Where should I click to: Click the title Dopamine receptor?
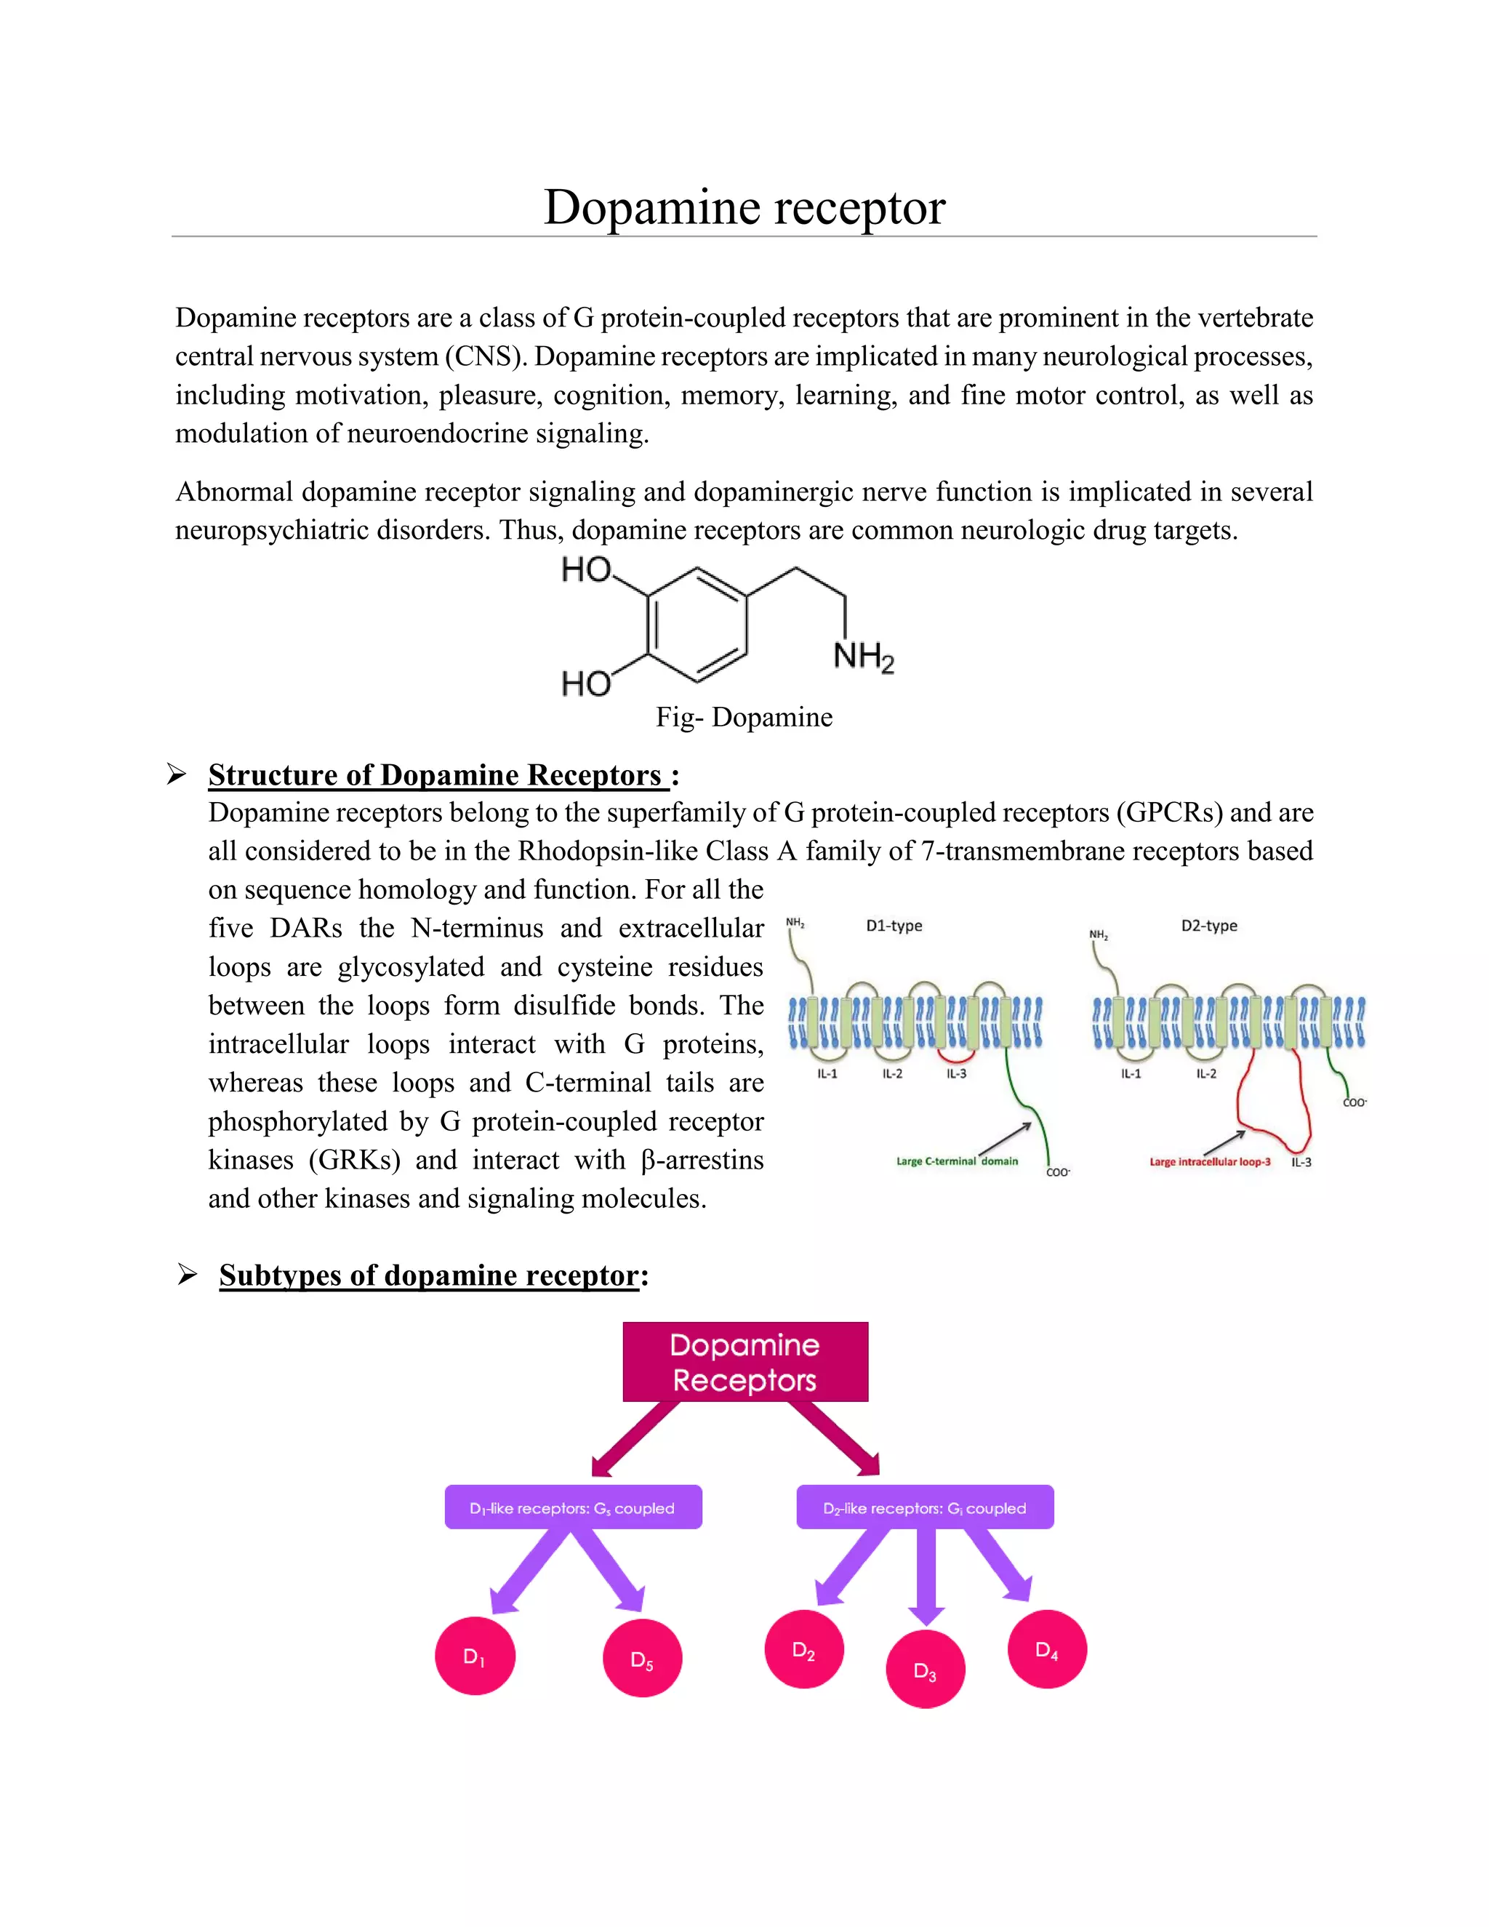point(744,208)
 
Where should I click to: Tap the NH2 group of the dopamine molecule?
point(863,657)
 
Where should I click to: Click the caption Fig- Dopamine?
point(744,717)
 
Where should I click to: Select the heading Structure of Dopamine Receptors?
point(435,774)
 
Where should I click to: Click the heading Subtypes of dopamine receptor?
point(429,1275)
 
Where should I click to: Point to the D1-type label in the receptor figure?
point(894,926)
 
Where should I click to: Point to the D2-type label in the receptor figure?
point(1208,926)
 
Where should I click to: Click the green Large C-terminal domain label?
point(956,1161)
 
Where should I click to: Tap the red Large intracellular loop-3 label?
point(1209,1162)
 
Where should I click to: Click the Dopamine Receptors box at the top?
point(744,1361)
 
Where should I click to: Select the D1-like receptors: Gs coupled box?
point(572,1508)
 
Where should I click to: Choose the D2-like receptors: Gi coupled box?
point(925,1508)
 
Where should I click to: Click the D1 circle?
point(475,1656)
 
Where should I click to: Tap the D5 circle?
point(642,1659)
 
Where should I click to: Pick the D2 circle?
point(803,1650)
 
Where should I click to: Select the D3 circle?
point(925,1670)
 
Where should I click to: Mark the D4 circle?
point(1046,1650)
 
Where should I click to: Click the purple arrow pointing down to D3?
point(926,1575)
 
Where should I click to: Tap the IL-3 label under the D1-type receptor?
point(956,1074)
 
